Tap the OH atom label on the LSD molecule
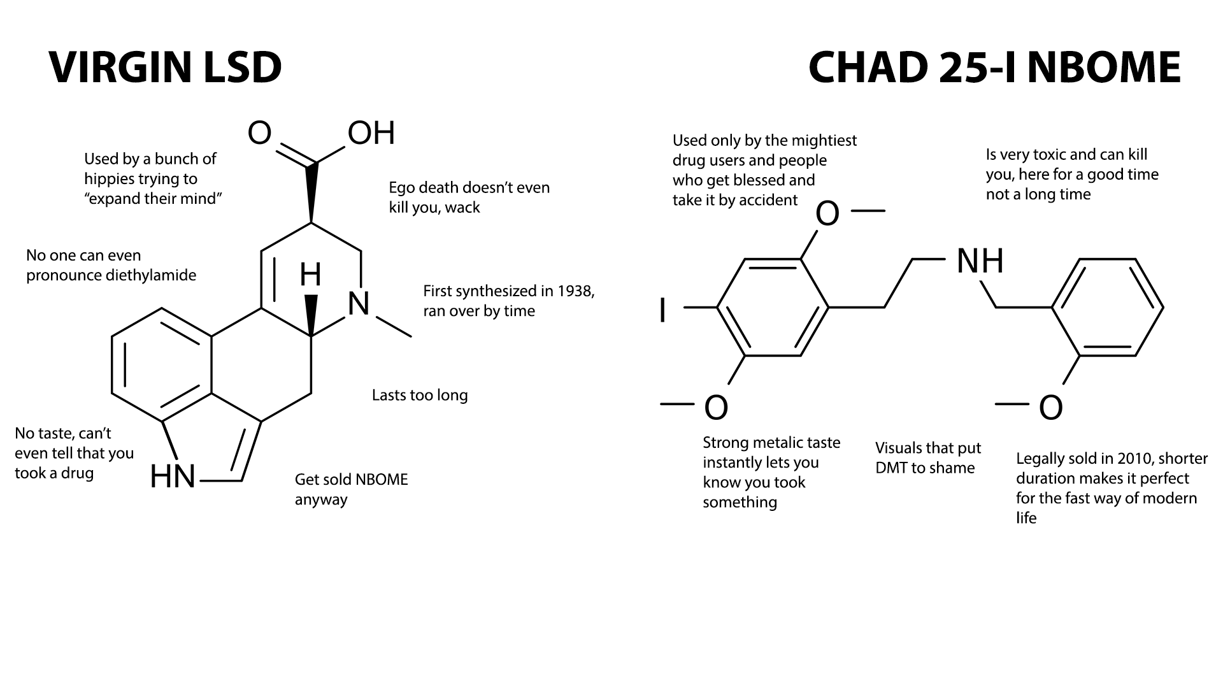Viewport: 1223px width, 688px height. pyautogui.click(x=371, y=133)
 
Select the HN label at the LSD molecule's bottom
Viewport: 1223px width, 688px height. pyautogui.click(x=173, y=477)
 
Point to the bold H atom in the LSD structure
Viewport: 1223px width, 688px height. pyautogui.click(x=310, y=275)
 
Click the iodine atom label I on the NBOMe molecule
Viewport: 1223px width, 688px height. pyautogui.click(x=663, y=311)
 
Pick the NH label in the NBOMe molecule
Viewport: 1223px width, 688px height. pyautogui.click(x=980, y=261)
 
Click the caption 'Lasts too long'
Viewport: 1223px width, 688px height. pyautogui.click(x=420, y=395)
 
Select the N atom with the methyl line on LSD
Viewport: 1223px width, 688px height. pyautogui.click(x=359, y=304)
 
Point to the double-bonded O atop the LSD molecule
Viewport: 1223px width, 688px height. pyautogui.click(x=260, y=133)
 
